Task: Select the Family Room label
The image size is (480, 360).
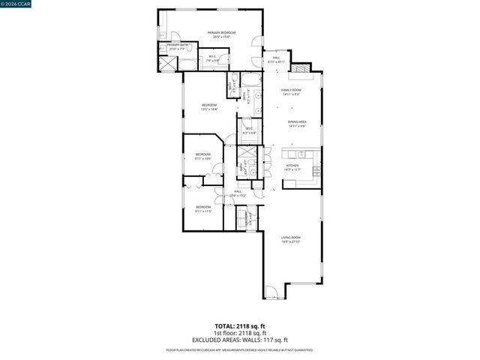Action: click(x=291, y=92)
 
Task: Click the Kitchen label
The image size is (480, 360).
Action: click(x=292, y=166)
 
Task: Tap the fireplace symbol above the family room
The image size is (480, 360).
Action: click(x=301, y=70)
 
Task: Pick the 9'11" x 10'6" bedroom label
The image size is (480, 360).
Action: click(x=202, y=156)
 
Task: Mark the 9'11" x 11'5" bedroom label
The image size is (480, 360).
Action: click(x=203, y=208)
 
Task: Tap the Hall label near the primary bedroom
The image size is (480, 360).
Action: click(x=276, y=59)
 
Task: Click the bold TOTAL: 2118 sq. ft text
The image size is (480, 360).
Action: click(x=240, y=326)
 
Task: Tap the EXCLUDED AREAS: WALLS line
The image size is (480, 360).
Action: click(x=240, y=339)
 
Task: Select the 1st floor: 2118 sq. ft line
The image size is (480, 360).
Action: click(x=240, y=333)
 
